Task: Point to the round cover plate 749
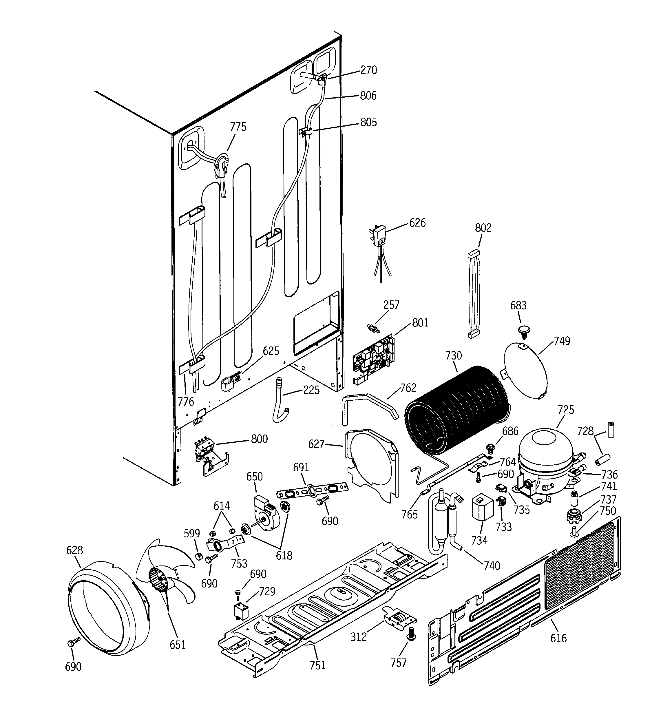[x=525, y=370]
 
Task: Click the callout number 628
[x=75, y=550]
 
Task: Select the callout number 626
[x=417, y=223]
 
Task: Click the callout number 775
[x=238, y=127]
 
